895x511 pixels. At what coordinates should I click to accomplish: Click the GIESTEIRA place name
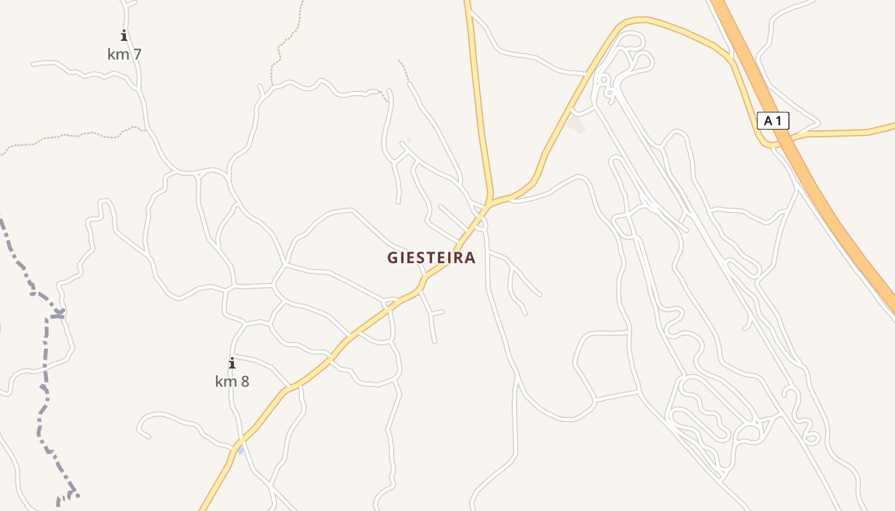click(432, 257)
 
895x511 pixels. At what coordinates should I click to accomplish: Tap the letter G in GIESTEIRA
click(393, 257)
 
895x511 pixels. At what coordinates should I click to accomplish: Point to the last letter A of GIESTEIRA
click(470, 257)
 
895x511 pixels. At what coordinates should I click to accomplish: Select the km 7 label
click(124, 54)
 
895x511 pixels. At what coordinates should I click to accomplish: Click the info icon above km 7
click(124, 36)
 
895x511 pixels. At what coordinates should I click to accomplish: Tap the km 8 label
click(232, 382)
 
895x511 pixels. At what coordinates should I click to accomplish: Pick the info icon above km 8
click(232, 363)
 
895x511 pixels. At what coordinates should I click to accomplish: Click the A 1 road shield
click(773, 120)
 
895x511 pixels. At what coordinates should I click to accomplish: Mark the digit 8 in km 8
click(244, 382)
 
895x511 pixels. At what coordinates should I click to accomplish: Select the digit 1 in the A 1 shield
click(779, 120)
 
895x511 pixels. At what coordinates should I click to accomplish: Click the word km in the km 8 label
click(226, 382)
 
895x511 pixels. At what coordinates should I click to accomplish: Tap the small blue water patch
click(240, 450)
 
